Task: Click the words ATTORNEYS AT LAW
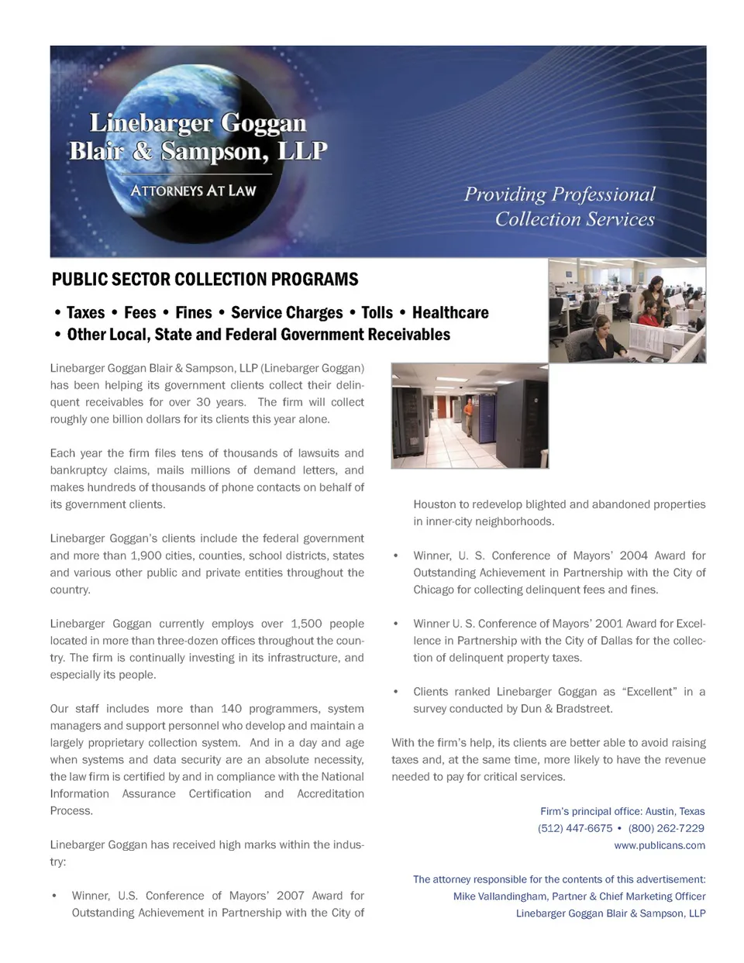193,191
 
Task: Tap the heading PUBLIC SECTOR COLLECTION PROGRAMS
205,280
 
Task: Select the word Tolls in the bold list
377,313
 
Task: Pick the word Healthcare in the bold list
450,313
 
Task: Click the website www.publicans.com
660,845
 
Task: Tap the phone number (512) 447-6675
574,828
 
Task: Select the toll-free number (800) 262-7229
666,828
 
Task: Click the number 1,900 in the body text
150,555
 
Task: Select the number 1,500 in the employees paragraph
311,624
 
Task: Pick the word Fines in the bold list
193,313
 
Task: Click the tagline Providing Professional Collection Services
560,207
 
